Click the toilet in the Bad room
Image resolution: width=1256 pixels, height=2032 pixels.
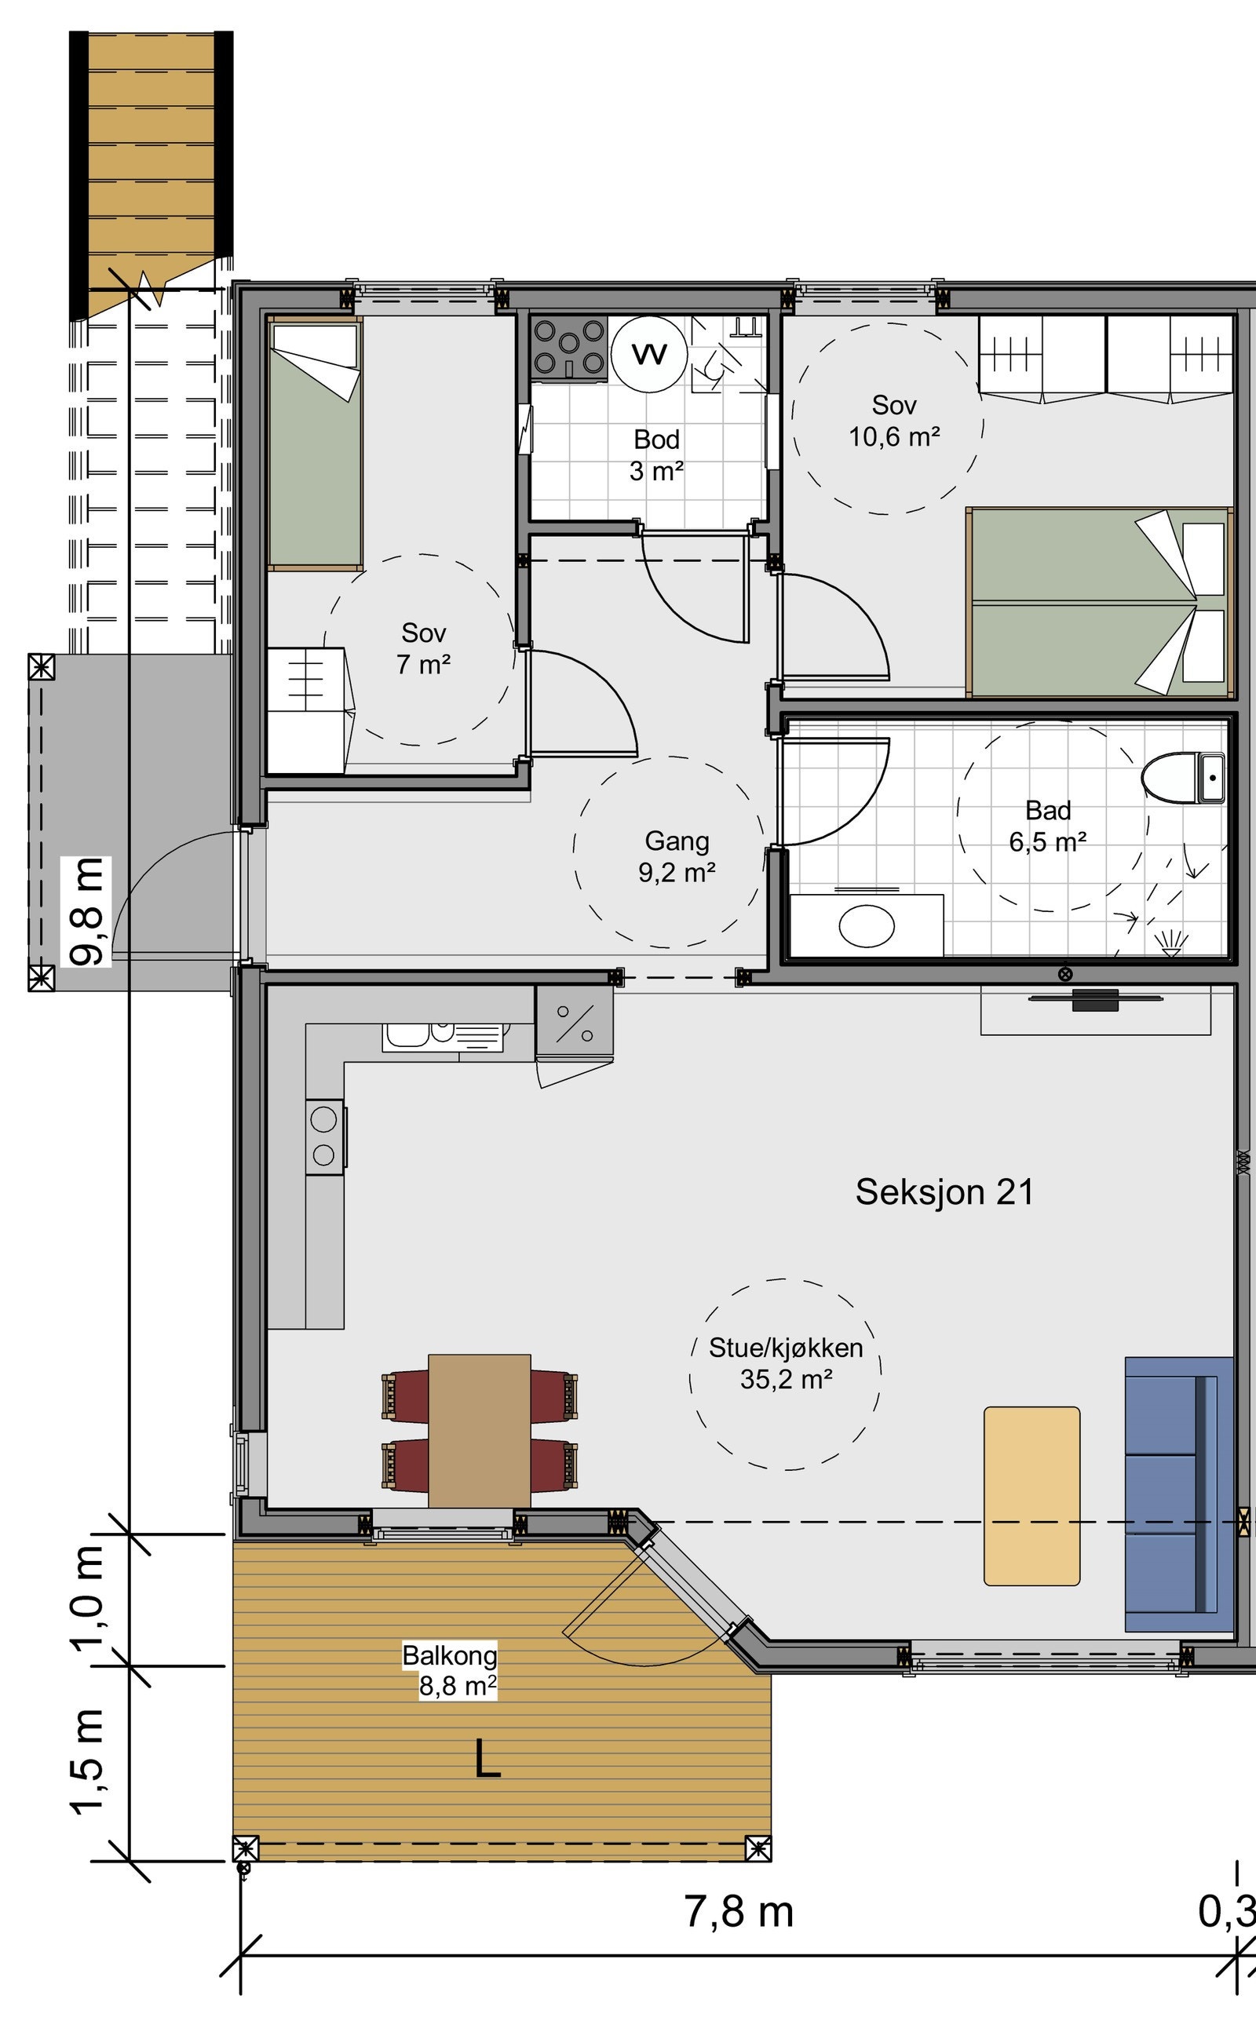tap(1183, 778)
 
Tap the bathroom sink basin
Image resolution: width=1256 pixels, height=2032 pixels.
tap(867, 925)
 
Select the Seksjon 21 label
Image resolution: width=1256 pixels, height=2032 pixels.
tap(944, 1192)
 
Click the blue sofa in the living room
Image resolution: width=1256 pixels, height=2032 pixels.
tap(1179, 1494)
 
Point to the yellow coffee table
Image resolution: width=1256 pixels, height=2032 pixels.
tap(1031, 1496)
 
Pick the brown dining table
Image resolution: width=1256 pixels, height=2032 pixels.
tap(480, 1431)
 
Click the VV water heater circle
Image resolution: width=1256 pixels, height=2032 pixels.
tap(648, 354)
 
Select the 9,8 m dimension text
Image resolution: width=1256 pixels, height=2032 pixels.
tap(88, 912)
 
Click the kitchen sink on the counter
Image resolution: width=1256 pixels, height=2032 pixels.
tap(443, 1037)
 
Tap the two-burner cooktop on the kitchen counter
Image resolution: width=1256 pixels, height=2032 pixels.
tap(325, 1136)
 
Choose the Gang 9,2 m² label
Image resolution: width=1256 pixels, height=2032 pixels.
tap(676, 856)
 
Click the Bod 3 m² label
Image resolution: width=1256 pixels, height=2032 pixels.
tap(656, 455)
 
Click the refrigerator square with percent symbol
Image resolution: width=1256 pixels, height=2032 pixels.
tap(574, 1021)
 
